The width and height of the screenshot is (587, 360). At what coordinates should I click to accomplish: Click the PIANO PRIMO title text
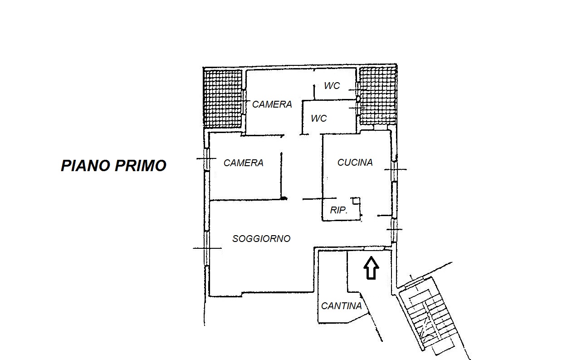pyautogui.click(x=113, y=166)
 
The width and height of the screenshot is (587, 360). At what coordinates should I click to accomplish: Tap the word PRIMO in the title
pyautogui.click(x=141, y=166)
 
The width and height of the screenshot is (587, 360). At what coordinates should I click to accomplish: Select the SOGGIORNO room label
pyautogui.click(x=261, y=239)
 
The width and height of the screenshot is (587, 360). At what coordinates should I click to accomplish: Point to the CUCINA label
pyautogui.click(x=355, y=163)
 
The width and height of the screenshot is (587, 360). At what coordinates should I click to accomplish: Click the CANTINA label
pyautogui.click(x=341, y=306)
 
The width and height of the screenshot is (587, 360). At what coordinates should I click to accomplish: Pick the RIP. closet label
pyautogui.click(x=338, y=210)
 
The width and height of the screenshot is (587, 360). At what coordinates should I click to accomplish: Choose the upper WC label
pyautogui.click(x=332, y=86)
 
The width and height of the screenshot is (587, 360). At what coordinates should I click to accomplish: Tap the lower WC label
pyautogui.click(x=318, y=118)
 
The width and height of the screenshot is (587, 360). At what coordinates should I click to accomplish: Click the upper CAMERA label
pyautogui.click(x=272, y=104)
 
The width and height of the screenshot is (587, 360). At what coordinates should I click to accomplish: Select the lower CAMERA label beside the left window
pyautogui.click(x=244, y=163)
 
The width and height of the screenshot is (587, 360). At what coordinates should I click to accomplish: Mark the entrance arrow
pyautogui.click(x=371, y=268)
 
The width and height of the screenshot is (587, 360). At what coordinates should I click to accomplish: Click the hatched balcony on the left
pyautogui.click(x=223, y=99)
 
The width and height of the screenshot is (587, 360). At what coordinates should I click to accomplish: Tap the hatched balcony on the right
pyautogui.click(x=377, y=96)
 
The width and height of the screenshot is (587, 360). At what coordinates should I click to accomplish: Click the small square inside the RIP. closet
pyautogui.click(x=356, y=201)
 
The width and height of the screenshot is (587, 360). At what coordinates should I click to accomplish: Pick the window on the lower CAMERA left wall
pyautogui.click(x=207, y=158)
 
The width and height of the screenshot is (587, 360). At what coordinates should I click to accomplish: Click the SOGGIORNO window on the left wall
pyautogui.click(x=207, y=248)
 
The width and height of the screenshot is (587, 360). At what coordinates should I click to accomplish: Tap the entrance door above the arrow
pyautogui.click(x=374, y=248)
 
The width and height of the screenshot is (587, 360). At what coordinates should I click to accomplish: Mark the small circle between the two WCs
pyautogui.click(x=358, y=99)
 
